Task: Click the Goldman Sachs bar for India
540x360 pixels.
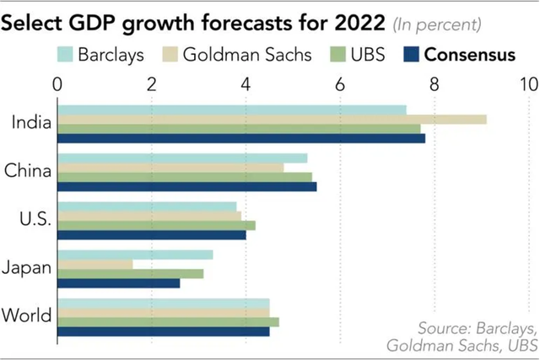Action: tap(271, 119)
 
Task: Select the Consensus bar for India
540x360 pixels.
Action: tap(240, 138)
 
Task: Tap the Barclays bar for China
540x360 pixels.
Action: tap(181, 158)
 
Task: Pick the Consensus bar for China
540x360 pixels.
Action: tap(186, 186)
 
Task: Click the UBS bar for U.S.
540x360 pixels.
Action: tap(155, 225)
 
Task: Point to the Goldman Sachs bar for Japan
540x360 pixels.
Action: tap(94, 264)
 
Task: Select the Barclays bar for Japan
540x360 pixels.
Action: tap(134, 255)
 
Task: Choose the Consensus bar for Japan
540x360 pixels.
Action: tap(118, 283)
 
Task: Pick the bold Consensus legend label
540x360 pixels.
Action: tap(470, 55)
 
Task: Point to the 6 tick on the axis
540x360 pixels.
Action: tap(340, 84)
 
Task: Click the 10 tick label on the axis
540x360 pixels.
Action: tap(528, 84)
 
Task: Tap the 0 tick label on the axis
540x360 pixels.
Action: tap(57, 84)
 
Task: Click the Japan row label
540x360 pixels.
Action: tap(27, 268)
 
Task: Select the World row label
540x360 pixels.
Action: tap(27, 316)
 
